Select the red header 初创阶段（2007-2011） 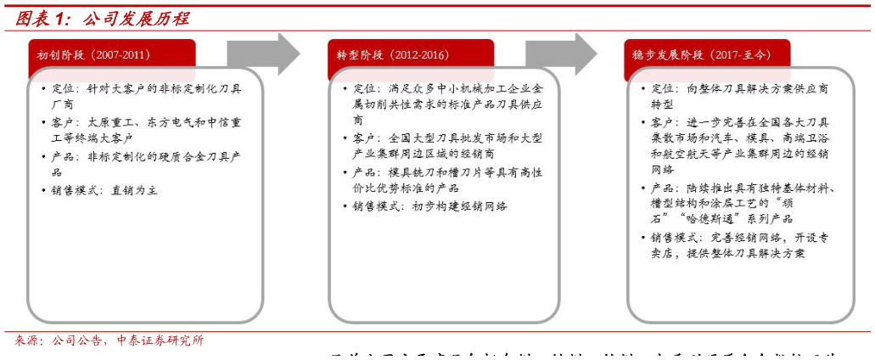(93, 55)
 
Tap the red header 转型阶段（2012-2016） (393, 55)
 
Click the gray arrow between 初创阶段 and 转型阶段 (262, 55)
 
